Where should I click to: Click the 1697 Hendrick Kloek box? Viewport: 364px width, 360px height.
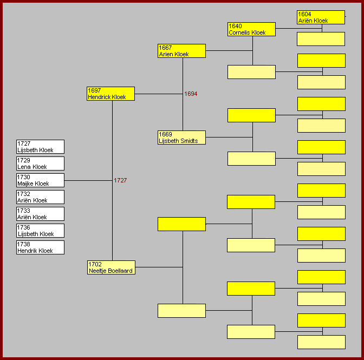point(110,94)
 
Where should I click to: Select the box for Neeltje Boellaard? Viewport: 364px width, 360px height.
point(110,267)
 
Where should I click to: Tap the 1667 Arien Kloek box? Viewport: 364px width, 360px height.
point(181,51)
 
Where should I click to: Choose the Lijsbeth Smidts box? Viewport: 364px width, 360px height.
point(181,138)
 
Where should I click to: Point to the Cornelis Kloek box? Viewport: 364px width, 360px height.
point(251,29)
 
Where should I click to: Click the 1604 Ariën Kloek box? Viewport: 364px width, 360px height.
point(321,17)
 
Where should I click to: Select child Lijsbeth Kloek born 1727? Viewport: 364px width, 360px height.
point(41,147)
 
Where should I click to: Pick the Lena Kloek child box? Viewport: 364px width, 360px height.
point(41,163)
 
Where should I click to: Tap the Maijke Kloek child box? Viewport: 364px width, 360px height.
point(41,180)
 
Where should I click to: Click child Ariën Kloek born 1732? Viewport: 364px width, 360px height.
point(41,197)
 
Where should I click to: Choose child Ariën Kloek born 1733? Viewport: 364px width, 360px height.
point(41,214)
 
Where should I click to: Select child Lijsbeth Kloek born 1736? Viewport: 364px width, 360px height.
point(41,231)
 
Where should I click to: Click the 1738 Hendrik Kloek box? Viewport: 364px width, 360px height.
point(41,247)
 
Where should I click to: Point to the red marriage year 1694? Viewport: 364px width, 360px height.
point(191,94)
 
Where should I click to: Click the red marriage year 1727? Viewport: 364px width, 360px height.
point(120,180)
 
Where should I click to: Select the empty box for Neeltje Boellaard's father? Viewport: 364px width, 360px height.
point(181,224)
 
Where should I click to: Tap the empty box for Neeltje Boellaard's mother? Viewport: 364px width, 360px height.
point(181,311)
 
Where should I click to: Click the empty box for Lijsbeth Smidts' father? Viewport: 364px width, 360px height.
point(251,115)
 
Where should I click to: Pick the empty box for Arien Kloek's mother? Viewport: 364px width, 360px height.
point(251,72)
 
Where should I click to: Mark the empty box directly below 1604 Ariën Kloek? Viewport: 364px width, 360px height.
point(321,39)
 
